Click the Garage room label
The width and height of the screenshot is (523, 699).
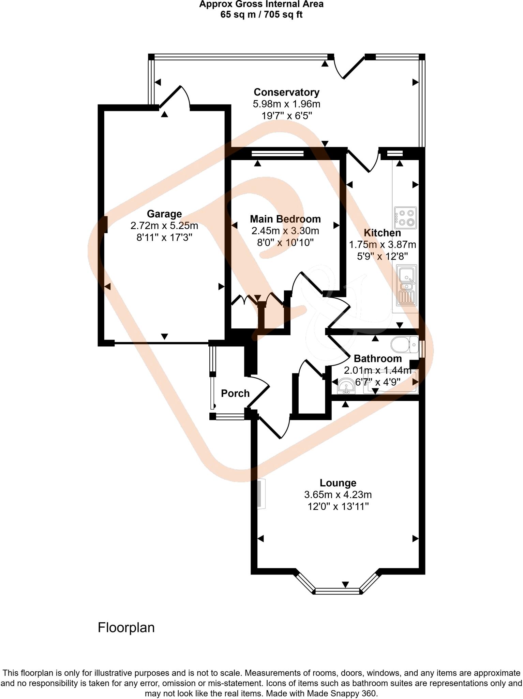click(164, 214)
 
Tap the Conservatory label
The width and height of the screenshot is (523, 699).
click(286, 92)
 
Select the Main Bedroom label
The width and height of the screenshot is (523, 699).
click(285, 219)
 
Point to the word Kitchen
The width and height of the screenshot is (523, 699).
click(382, 233)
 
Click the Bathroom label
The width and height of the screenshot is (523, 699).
click(377, 358)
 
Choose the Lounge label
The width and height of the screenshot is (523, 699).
click(338, 483)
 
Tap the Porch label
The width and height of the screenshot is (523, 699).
click(235, 394)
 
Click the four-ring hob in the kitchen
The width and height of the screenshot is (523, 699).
click(405, 218)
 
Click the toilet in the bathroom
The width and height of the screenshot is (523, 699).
click(405, 345)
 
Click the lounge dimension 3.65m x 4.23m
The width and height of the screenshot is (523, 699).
click(338, 495)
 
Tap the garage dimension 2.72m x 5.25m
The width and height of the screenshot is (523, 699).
click(164, 226)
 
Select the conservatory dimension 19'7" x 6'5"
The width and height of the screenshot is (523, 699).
click(286, 116)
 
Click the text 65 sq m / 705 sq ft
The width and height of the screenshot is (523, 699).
click(261, 15)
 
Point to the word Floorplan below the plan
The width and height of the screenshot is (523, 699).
click(126, 628)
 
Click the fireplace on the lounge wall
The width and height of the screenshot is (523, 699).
click(261, 494)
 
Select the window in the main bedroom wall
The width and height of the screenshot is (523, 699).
click(278, 154)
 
